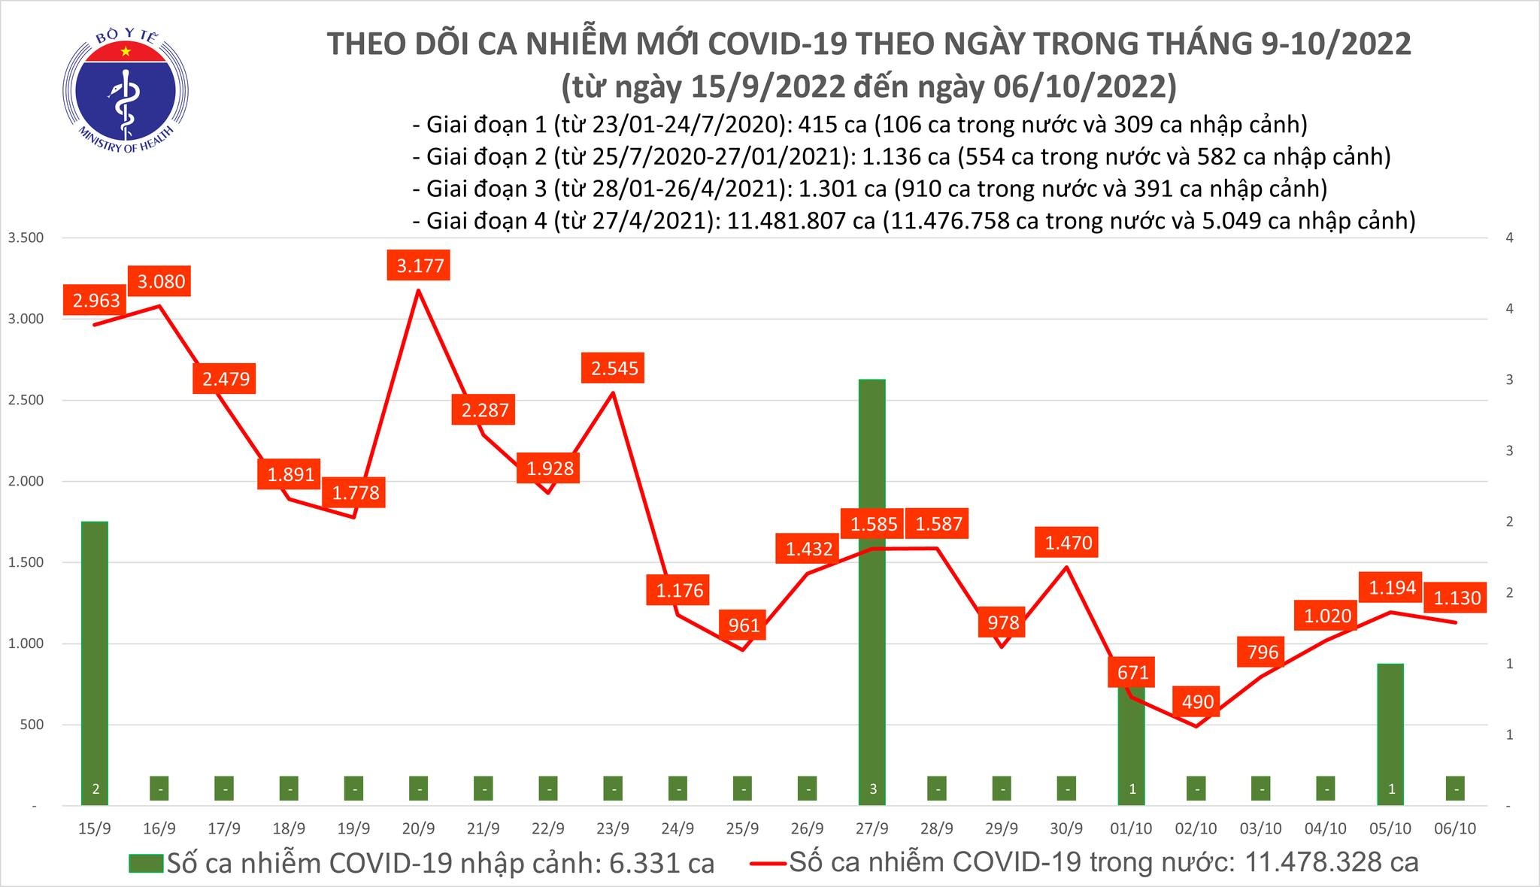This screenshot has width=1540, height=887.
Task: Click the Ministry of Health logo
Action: (x=126, y=91)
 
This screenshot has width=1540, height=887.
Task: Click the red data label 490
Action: (x=1197, y=702)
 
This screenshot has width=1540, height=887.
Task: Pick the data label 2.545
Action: (x=614, y=368)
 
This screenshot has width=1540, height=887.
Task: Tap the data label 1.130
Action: (x=1457, y=598)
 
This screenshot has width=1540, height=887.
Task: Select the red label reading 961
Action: (x=743, y=625)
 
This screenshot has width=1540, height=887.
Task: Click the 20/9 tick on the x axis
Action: (x=419, y=828)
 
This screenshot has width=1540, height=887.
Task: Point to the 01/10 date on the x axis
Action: (x=1132, y=828)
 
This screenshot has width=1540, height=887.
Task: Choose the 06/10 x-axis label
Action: (x=1455, y=828)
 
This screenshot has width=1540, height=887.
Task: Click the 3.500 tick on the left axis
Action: (x=26, y=238)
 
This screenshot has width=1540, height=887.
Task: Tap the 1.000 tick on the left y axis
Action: (x=26, y=643)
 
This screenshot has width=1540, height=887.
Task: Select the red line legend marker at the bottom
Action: (x=768, y=863)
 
